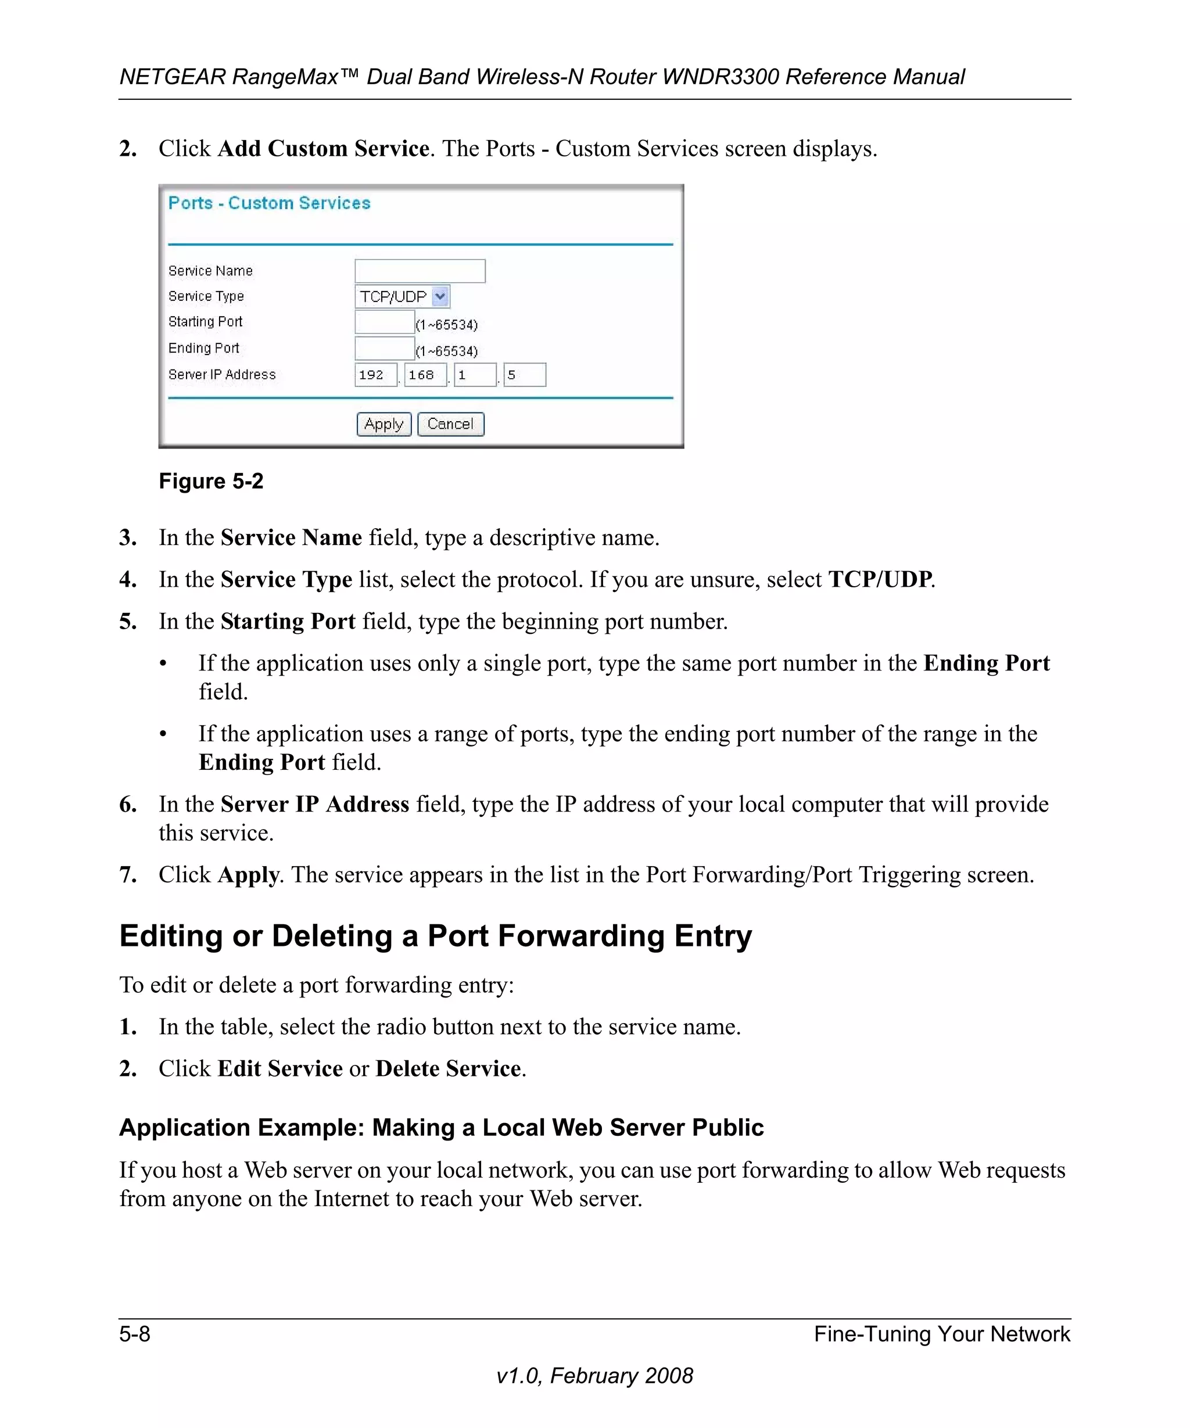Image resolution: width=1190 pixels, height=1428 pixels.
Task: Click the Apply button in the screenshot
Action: [x=383, y=424]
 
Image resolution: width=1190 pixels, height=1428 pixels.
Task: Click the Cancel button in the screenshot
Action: [x=450, y=424]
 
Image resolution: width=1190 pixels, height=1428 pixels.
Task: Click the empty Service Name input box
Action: [x=420, y=271]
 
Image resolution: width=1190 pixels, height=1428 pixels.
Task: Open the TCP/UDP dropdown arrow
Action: [x=440, y=296]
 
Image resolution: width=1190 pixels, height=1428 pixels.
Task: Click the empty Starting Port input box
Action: [x=384, y=322]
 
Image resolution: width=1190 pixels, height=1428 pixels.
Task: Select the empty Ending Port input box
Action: [x=384, y=348]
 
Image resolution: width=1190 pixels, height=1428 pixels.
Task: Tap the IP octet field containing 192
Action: [x=375, y=375]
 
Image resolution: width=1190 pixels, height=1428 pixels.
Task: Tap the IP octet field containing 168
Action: [x=425, y=375]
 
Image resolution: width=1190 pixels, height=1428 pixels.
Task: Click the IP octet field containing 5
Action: [x=524, y=375]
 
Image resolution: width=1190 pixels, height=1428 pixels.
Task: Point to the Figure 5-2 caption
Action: [x=211, y=482]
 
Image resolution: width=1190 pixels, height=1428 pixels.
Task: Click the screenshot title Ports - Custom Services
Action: [x=269, y=203]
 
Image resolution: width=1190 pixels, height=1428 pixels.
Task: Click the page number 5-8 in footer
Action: [x=135, y=1334]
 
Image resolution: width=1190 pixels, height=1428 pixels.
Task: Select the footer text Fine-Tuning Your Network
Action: [x=942, y=1334]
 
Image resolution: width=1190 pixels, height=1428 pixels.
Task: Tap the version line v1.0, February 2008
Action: [x=594, y=1376]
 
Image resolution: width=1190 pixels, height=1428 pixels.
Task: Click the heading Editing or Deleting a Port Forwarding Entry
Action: [x=435, y=936]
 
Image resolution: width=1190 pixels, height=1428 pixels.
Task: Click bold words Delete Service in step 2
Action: [x=448, y=1068]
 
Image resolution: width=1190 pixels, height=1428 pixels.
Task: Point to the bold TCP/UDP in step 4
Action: [x=880, y=579]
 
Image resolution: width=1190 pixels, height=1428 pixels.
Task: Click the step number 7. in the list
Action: [x=128, y=874]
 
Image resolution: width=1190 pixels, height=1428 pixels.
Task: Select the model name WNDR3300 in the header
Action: [x=721, y=77]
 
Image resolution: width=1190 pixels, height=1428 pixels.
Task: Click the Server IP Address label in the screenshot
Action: [x=222, y=375]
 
